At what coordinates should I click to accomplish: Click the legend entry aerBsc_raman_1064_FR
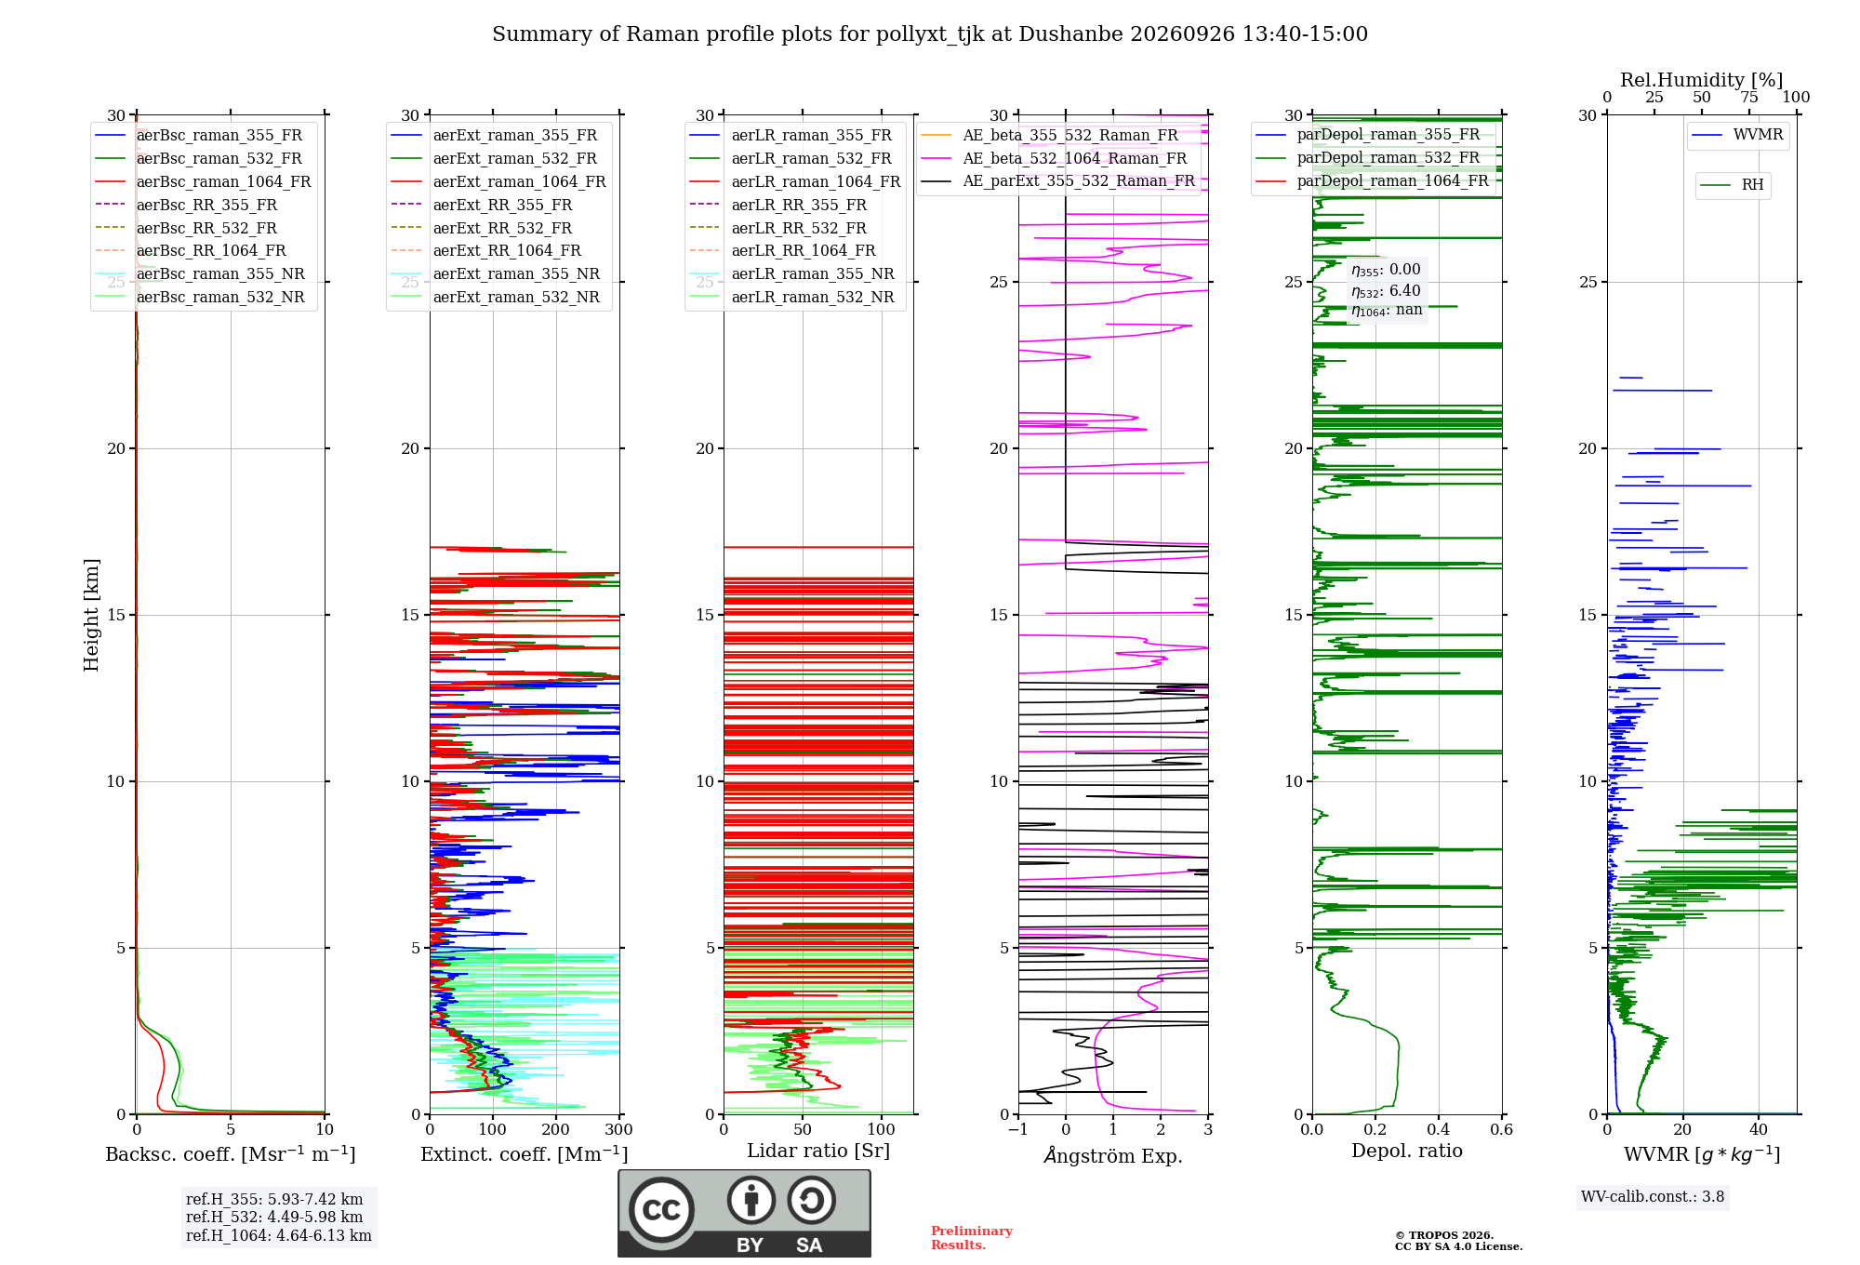coord(203,182)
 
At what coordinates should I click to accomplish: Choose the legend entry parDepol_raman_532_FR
coord(1368,158)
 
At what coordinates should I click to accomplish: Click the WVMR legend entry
coord(1737,135)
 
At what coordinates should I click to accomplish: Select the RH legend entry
coord(1732,185)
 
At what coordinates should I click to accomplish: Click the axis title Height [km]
coord(91,615)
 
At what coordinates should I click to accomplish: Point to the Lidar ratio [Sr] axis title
coord(818,1151)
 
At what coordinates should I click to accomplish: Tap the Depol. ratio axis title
coord(1407,1151)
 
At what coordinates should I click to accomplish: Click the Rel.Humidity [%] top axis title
coord(1702,80)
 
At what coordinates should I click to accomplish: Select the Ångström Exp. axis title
coord(1113,1154)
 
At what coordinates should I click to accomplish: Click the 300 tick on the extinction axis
coord(618,1130)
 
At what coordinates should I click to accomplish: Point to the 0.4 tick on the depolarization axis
coord(1439,1130)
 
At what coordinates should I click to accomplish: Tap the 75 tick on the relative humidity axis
coord(1749,98)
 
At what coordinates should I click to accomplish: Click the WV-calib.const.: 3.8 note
coord(1653,1197)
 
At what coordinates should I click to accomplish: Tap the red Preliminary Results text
coord(972,1238)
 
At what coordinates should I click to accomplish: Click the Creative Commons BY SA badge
coord(745,1214)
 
